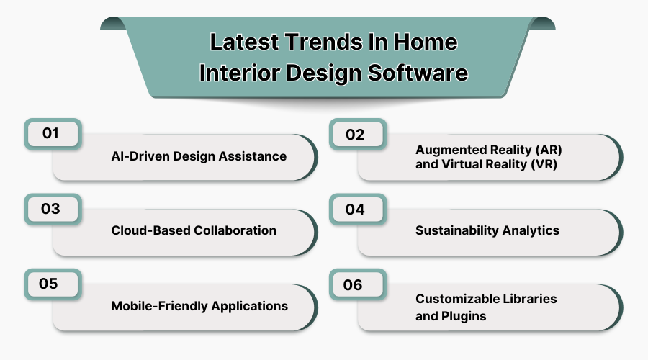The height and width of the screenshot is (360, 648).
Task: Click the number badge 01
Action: (51, 134)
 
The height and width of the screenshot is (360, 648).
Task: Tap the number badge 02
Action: (356, 135)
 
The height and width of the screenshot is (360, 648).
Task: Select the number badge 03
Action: (51, 209)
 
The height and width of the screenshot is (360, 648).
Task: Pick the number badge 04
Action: (356, 210)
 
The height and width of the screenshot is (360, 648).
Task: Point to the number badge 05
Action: (50, 284)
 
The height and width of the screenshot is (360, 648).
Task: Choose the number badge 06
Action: (354, 284)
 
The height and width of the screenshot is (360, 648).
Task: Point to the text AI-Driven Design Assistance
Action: (199, 156)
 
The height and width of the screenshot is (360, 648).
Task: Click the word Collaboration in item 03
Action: (235, 230)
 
